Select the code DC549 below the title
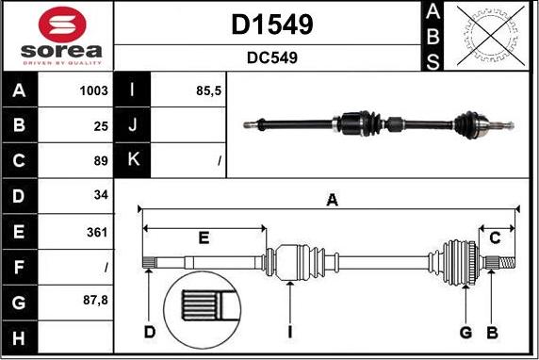tap(271, 57)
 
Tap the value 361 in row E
tap(97, 232)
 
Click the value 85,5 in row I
tap(207, 91)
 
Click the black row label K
tap(133, 160)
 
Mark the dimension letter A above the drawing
tap(332, 200)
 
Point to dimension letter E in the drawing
tap(204, 237)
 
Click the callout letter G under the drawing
tap(465, 332)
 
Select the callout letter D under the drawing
tap(149, 332)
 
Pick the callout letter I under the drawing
tap(291, 332)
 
